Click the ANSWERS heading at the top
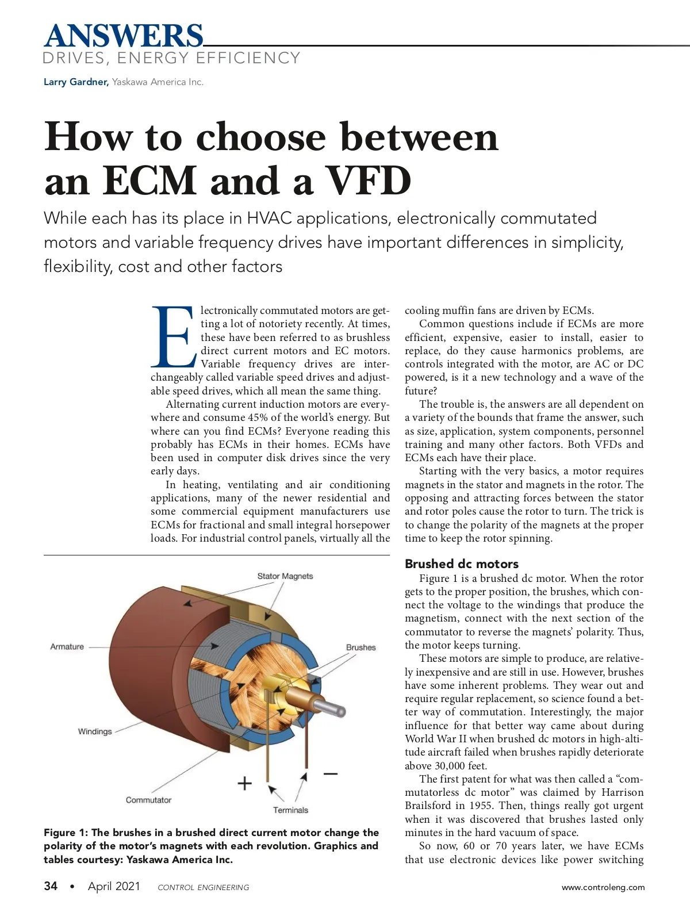[x=124, y=36]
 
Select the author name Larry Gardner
[x=76, y=82]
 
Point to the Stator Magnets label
[x=285, y=576]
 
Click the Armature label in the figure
[x=67, y=647]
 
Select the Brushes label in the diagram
[x=361, y=647]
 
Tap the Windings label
[x=95, y=731]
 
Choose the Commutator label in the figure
[x=148, y=800]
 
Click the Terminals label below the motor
[x=290, y=810]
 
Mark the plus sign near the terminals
[x=245, y=783]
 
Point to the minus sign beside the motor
[x=330, y=774]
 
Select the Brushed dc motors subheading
[x=461, y=564]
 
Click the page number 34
[x=51, y=886]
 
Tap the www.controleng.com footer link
[x=603, y=887]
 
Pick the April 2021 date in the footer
[x=114, y=886]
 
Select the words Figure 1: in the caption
[x=66, y=833]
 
